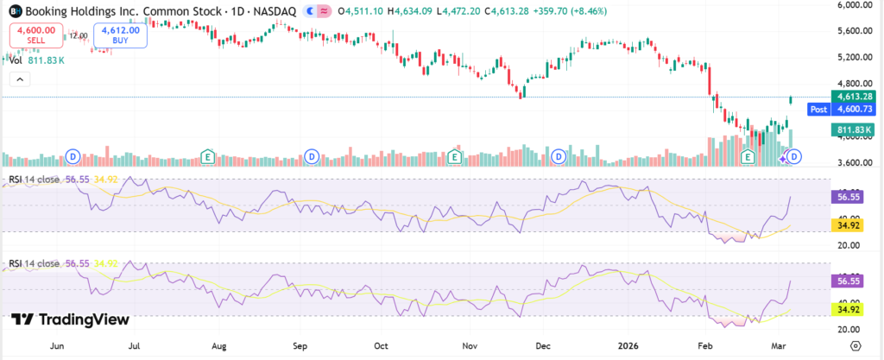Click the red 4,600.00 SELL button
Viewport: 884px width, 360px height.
tap(35, 35)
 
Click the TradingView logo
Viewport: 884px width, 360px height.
tap(71, 319)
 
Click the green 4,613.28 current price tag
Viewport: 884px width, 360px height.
tap(850, 96)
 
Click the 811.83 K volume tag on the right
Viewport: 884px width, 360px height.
tap(850, 129)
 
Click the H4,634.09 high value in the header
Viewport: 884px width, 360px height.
tap(414, 11)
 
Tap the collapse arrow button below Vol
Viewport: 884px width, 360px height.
tap(20, 79)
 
